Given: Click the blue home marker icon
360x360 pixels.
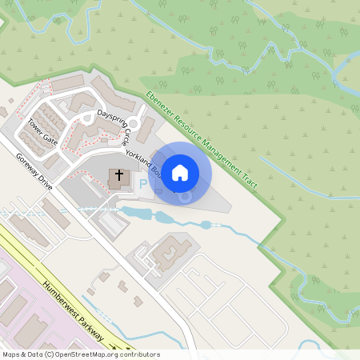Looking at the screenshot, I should pyautogui.click(x=180, y=172).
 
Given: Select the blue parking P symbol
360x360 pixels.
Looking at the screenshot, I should pyautogui.click(x=144, y=184).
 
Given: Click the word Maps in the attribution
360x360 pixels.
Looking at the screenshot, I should pyautogui.click(x=11, y=354).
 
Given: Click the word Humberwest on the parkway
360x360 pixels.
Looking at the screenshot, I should pyautogui.click(x=61, y=297).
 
